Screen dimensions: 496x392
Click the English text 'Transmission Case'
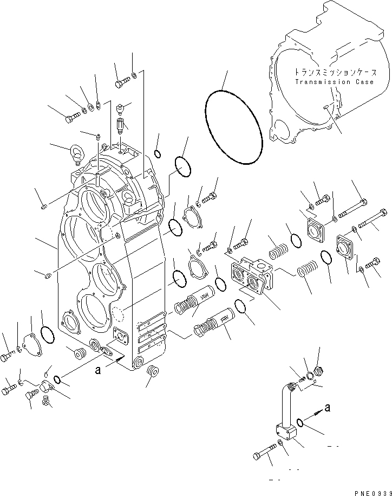[x=334, y=82]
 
